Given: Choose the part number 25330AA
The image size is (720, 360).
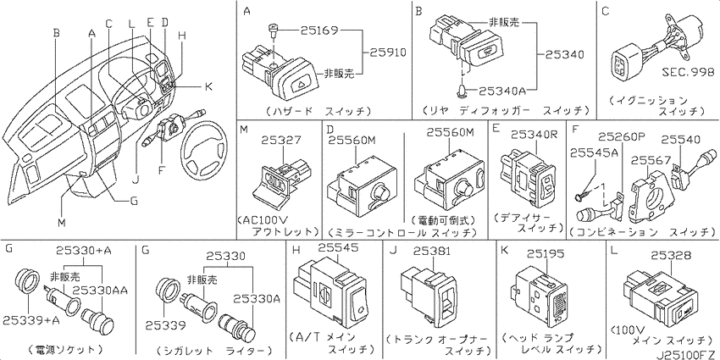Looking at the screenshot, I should pyautogui.click(x=109, y=290).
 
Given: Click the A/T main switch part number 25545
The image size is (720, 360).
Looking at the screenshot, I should pyautogui.click(x=338, y=247).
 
